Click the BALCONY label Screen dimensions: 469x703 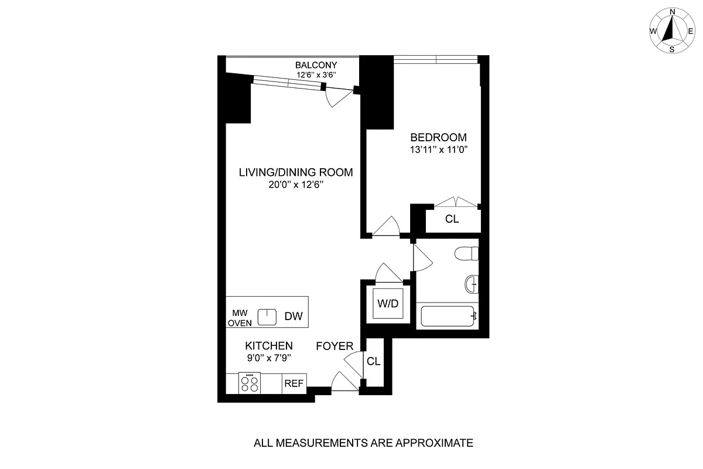(316, 65)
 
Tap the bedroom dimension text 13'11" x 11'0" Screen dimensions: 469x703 (439, 149)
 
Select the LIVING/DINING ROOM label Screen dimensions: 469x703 (296, 172)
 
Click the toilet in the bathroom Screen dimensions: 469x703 (467, 254)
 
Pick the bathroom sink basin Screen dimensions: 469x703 (472, 285)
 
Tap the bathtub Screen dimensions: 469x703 (449, 317)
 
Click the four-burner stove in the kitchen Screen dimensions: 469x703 (250, 383)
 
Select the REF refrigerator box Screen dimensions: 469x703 (294, 384)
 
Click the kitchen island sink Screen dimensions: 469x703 (267, 316)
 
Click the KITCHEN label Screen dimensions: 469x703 (269, 346)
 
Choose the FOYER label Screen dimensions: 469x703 (335, 346)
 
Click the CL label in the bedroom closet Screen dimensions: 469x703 (452, 220)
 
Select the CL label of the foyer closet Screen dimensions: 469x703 (373, 362)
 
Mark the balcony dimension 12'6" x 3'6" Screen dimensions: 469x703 (316, 75)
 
